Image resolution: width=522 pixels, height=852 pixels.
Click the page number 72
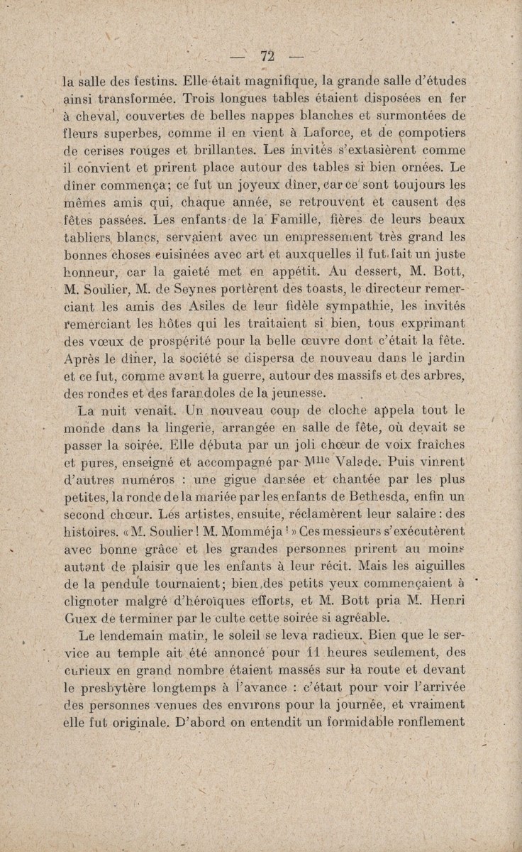pos(267,57)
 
